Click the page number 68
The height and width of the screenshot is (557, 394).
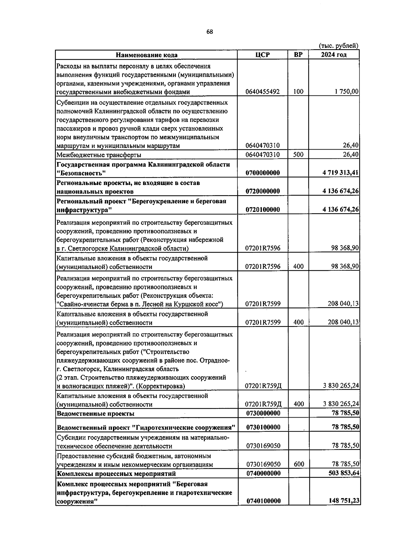coord(210,32)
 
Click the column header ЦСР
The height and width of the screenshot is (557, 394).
coord(262,55)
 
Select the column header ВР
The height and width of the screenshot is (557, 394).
coord(298,55)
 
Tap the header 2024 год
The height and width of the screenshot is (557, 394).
coord(334,55)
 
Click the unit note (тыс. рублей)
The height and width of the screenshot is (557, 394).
coord(339,46)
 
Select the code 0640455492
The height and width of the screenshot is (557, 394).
coord(263,92)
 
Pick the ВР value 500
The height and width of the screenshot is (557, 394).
coord(298,155)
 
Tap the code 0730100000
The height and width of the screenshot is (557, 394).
coord(263,427)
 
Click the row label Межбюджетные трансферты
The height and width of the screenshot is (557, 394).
coord(99,155)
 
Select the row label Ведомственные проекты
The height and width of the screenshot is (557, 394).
coord(96,413)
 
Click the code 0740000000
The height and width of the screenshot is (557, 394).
coord(263,473)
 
